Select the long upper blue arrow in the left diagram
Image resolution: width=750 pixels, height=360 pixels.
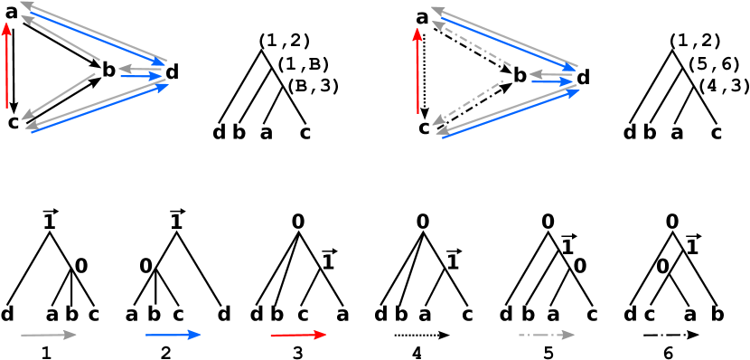tap(98, 38)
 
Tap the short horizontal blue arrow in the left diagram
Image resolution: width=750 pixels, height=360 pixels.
tap(141, 76)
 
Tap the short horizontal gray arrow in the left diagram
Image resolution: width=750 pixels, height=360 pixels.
tap(140, 68)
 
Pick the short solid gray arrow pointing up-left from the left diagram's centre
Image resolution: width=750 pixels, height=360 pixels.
tap(60, 39)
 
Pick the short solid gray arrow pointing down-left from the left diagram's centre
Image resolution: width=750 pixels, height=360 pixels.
tap(58, 97)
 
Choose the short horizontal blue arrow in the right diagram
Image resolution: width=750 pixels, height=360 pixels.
tap(552, 82)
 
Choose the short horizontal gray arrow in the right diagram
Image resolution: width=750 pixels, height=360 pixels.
tap(550, 74)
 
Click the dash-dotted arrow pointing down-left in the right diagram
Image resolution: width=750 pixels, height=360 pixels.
tap(469, 100)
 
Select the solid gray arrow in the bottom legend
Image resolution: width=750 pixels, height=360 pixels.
tap(49, 335)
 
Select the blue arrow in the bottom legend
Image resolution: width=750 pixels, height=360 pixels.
tap(173, 335)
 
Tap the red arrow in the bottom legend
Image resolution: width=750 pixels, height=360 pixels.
tap(298, 335)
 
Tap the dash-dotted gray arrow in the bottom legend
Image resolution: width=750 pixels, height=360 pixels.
tap(547, 335)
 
